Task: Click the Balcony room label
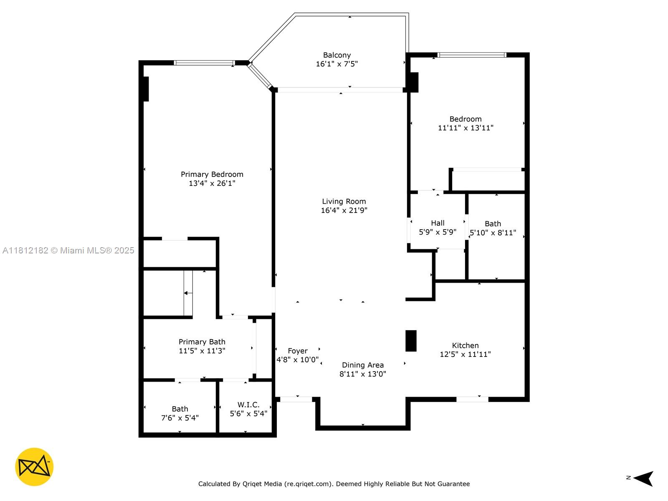click(x=337, y=55)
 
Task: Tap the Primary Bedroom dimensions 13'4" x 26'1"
click(x=212, y=183)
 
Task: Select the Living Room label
click(x=344, y=201)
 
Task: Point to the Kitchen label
click(x=465, y=345)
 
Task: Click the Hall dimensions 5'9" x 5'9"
click(x=438, y=232)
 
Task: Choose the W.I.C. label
click(x=248, y=405)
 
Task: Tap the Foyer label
click(x=298, y=351)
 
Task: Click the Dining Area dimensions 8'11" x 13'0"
click(x=363, y=374)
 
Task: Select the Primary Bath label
click(x=202, y=342)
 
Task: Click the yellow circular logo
click(x=34, y=467)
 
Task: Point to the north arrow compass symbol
click(x=643, y=478)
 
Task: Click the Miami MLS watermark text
click(x=68, y=250)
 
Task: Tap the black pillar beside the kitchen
click(x=411, y=341)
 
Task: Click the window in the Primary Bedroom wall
click(x=204, y=63)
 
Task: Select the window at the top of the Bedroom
click(x=472, y=55)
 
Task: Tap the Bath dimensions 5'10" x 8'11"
click(x=493, y=233)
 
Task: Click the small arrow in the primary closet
click(x=188, y=293)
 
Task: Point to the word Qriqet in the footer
click(x=251, y=484)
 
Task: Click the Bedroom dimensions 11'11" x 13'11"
click(x=466, y=128)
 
